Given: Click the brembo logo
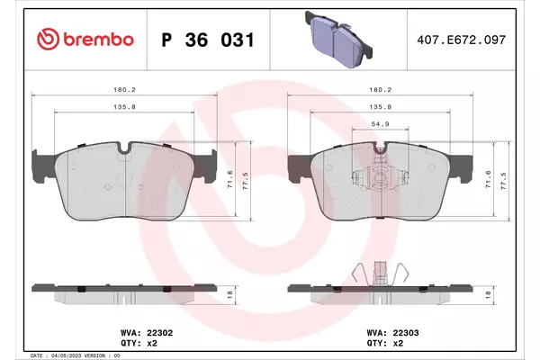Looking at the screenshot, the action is [x=85, y=40].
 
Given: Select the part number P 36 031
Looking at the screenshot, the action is [x=208, y=40].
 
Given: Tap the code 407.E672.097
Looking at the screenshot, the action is [x=461, y=40].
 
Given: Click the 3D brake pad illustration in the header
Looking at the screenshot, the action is [x=338, y=40].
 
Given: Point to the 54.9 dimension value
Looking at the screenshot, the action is [x=380, y=124].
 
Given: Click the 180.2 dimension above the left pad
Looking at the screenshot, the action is [x=125, y=90].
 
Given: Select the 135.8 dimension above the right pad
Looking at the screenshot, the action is [x=380, y=107].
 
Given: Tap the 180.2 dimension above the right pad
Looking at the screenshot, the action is [x=380, y=90].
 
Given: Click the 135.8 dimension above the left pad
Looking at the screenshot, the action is [x=125, y=107].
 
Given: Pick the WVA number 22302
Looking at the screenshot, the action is [x=160, y=333].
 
